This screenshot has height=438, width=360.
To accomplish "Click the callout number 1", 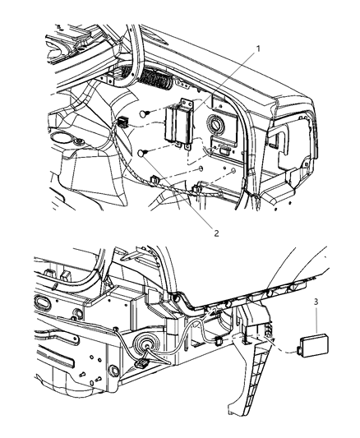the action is (258, 48).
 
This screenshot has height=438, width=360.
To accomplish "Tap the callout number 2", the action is (216, 233).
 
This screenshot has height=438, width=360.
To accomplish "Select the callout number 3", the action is (316, 302).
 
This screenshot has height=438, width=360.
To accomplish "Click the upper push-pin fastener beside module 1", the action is (145, 113).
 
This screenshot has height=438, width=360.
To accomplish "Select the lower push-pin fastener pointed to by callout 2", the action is (143, 153).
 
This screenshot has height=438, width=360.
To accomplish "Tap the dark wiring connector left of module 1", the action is (122, 122).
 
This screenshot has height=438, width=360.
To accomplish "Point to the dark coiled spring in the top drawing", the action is (157, 81).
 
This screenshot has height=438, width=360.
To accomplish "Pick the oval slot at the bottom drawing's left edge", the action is (43, 302).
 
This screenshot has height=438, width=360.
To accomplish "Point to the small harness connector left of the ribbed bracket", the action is (218, 340).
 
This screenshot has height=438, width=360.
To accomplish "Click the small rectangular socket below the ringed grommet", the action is (224, 151).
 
